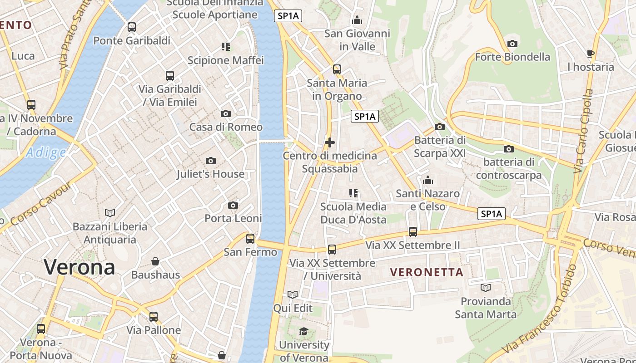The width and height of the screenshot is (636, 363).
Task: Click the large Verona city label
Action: pyautogui.click(x=79, y=267)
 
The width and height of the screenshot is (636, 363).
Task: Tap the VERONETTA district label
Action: pyautogui.click(x=427, y=272)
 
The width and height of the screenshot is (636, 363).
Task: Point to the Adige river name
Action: pyautogui.click(x=45, y=153)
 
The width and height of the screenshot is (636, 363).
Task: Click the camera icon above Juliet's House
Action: pyautogui.click(x=210, y=161)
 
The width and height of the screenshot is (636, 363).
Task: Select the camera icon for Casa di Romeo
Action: pyautogui.click(x=226, y=113)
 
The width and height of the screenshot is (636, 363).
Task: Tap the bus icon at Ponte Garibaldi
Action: pyautogui.click(x=132, y=27)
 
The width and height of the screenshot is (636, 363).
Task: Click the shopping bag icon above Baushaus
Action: pyautogui.click(x=155, y=261)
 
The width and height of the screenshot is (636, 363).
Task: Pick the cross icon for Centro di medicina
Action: pyautogui.click(x=330, y=142)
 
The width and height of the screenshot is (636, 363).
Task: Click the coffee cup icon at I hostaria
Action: pyautogui.click(x=591, y=54)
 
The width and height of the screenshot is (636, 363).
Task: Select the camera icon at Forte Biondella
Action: pyautogui.click(x=512, y=44)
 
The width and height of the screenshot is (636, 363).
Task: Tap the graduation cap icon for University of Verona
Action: pyautogui.click(x=303, y=332)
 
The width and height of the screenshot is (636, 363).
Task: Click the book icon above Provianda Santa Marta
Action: pyautogui.click(x=486, y=288)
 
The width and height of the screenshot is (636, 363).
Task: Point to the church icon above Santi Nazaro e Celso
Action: pyautogui.click(x=427, y=181)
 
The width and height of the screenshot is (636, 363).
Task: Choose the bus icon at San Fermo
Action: pyautogui.click(x=250, y=239)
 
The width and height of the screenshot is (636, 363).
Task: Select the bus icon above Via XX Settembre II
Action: pyautogui.click(x=413, y=232)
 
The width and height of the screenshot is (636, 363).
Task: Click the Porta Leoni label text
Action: pyautogui.click(x=233, y=218)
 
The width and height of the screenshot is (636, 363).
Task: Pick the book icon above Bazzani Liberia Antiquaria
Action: pyautogui.click(x=110, y=213)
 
